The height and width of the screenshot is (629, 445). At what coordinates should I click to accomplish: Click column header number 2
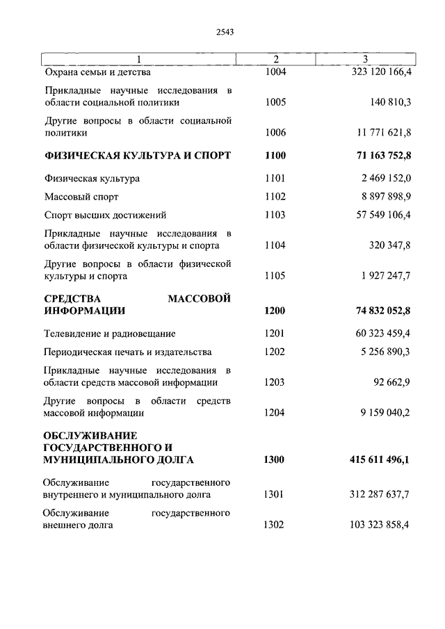click(x=275, y=59)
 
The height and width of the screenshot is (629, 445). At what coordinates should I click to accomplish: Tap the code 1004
click(x=275, y=72)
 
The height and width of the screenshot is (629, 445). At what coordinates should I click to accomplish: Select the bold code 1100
click(x=275, y=154)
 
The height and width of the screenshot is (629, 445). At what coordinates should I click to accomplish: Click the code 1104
click(x=275, y=245)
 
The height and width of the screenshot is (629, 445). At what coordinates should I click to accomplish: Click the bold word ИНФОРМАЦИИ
click(x=84, y=311)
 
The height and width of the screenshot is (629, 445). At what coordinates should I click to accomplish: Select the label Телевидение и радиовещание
click(x=109, y=334)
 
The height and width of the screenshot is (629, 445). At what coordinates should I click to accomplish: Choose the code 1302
click(x=275, y=525)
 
